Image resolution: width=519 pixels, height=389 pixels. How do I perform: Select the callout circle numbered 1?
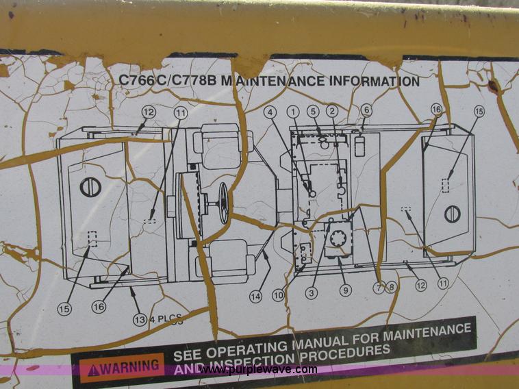294,111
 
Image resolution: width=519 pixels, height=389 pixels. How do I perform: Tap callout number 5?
314,111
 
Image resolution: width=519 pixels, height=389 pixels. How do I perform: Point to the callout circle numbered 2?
332,111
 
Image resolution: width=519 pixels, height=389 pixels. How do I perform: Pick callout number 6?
367,110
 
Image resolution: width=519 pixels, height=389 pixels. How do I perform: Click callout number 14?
256,297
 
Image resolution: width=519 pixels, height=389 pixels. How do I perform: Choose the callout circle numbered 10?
277,295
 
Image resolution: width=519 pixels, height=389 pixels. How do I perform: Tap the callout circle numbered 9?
345,290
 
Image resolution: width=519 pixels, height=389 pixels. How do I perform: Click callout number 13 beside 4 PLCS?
139,319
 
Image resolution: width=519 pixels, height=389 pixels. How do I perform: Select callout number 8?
391,288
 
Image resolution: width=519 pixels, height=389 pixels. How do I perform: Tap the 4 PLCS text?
166,318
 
